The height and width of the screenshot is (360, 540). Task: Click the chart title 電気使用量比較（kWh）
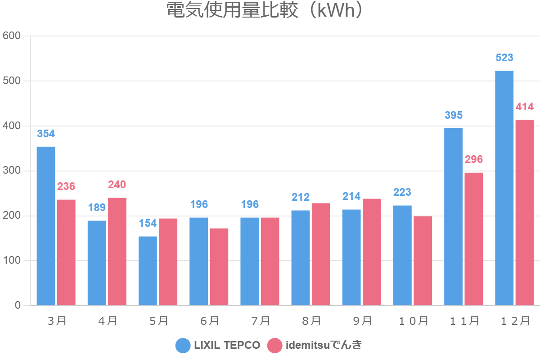pyautogui.click(x=264, y=10)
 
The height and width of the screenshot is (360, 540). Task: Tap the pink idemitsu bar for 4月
pyautogui.click(x=117, y=252)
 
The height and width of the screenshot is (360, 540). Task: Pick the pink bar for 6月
pyautogui.click(x=219, y=267)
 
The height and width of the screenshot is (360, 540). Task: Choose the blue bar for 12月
pyautogui.click(x=504, y=188)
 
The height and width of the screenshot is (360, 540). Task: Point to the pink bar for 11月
pyautogui.click(x=474, y=239)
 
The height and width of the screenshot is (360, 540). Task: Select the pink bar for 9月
pyautogui.click(x=372, y=252)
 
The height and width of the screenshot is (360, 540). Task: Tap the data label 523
pyautogui.click(x=504, y=58)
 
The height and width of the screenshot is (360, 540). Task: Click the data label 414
pyautogui.click(x=525, y=107)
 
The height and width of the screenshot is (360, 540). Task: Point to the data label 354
pyautogui.click(x=46, y=134)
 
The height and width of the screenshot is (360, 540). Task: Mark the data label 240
pyautogui.click(x=117, y=184)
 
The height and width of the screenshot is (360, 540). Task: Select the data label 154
pyautogui.click(x=148, y=223)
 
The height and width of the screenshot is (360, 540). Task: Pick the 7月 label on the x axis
pyautogui.click(x=260, y=321)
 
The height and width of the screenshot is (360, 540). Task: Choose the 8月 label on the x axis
pyautogui.click(x=311, y=321)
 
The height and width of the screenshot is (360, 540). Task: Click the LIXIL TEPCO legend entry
pyautogui.click(x=218, y=346)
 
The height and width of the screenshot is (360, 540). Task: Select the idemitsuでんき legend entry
pyautogui.click(x=315, y=346)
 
